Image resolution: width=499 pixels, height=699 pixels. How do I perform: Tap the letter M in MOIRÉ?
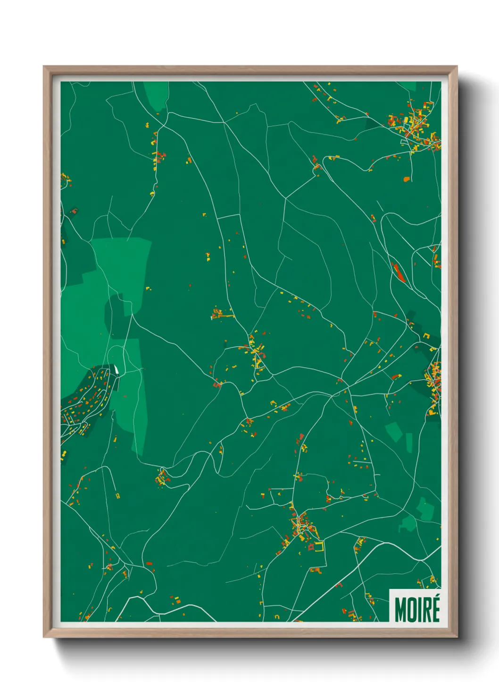coord(400,610)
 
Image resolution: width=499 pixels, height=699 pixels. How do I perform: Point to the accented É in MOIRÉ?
coord(435,609)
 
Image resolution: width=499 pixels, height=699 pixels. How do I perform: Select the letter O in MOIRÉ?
coord(412,610)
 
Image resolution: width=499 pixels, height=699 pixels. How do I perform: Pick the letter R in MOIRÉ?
coord(427,610)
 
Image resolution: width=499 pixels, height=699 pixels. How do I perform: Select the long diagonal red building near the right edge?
coord(399,273)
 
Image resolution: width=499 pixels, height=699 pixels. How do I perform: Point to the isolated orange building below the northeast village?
coord(406,179)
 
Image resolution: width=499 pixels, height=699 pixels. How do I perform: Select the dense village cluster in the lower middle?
coord(302,524)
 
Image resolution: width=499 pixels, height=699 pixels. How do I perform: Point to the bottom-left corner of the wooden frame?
coord(44,636)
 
